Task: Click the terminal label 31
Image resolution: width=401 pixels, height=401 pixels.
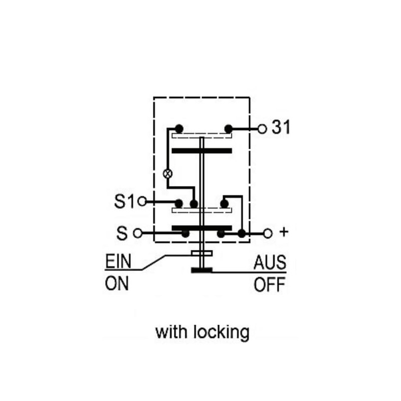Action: point(281,127)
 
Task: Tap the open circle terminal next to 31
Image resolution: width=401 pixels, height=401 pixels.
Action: point(262,129)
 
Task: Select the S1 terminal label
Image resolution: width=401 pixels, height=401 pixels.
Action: point(124,202)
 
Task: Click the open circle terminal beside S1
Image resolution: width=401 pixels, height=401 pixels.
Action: point(142,202)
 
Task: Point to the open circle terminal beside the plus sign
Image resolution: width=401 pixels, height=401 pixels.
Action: point(268,233)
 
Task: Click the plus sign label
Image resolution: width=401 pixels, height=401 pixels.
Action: point(284,232)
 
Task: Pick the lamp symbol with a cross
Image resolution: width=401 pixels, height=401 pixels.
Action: point(168,173)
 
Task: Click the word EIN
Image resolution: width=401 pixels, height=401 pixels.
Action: point(118,261)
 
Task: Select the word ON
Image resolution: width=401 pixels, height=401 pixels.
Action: point(117,283)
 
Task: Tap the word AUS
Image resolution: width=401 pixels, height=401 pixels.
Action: point(270,262)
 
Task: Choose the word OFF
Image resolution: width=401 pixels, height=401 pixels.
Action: point(270,284)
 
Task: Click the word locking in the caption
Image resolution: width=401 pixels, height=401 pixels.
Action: point(222,333)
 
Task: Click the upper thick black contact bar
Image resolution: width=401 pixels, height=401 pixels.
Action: point(202,151)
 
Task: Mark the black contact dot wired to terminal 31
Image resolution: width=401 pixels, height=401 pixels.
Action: point(228,129)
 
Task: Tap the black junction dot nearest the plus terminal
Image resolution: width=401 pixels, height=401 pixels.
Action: point(242,233)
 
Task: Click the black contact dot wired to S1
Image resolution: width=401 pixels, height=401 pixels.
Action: point(179,204)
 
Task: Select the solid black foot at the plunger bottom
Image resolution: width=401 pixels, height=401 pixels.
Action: point(202,270)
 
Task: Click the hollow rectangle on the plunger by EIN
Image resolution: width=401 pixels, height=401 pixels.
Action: point(202,253)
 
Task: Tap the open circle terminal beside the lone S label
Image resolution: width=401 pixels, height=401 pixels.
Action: point(137,233)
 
